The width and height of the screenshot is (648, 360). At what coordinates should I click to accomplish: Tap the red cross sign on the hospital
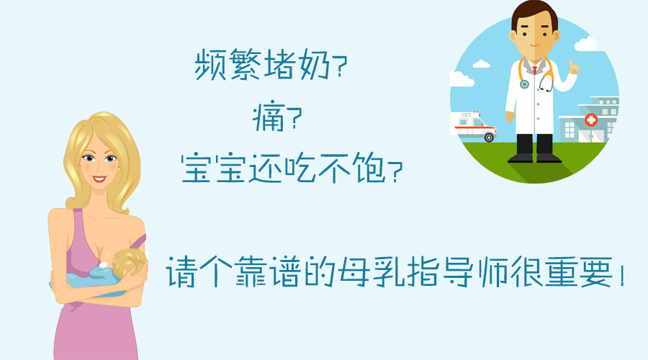coord(591,120)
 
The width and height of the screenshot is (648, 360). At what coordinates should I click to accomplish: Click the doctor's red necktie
coord(534,69)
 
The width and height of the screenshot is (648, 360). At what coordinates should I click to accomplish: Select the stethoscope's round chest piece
coord(524,84)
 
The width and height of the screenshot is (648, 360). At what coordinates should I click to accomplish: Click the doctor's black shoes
coord(534,158)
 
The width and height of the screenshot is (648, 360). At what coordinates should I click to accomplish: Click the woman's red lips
coord(99,179)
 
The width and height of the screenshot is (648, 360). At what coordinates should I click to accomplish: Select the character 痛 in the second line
coord(269,117)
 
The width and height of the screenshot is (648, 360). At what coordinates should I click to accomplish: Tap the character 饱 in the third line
coord(370,168)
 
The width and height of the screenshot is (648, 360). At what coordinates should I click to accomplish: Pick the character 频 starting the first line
coord(211,64)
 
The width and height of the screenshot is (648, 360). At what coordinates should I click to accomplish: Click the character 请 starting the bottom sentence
coord(181,271)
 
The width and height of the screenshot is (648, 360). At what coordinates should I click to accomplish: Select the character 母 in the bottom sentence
coord(354,271)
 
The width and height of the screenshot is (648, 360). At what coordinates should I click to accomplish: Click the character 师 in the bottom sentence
coord(492,271)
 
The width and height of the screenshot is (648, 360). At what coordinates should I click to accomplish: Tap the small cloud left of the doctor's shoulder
coord(481,64)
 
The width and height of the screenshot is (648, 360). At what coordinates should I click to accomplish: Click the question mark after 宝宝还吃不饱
coord(395,171)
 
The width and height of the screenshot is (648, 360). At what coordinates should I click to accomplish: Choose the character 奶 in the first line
coord(315,64)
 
